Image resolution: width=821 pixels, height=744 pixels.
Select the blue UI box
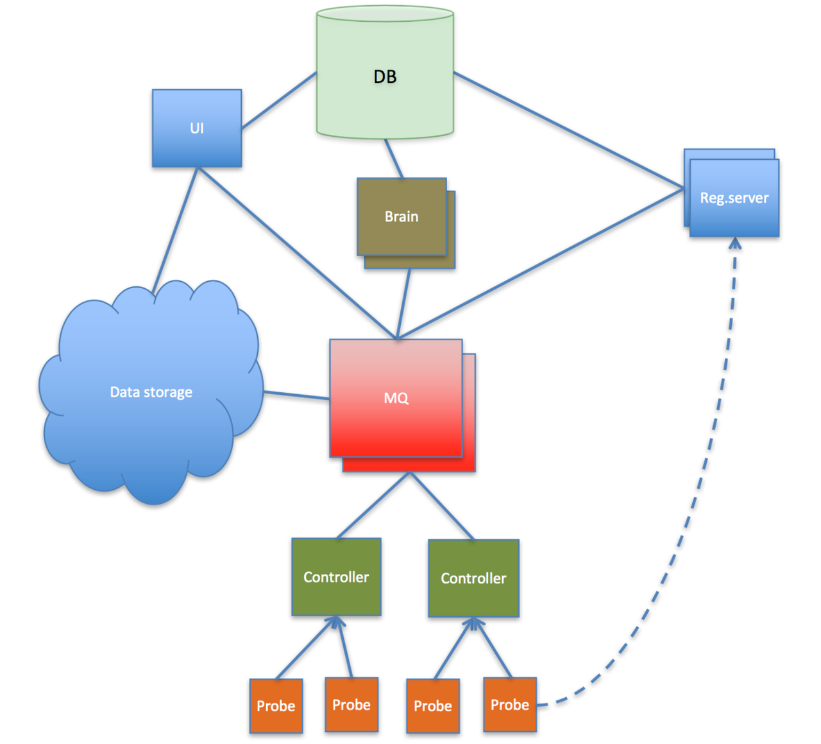[197, 128]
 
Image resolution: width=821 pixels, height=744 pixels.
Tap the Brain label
[402, 217]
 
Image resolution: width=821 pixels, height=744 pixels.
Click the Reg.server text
[734, 198]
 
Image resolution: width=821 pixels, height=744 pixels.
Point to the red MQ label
[396, 398]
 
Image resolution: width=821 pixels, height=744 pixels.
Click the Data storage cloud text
[151, 392]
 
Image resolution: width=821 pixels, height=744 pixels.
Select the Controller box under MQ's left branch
[336, 576]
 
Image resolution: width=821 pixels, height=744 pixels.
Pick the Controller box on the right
[473, 578]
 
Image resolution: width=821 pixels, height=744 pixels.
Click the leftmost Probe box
[276, 705]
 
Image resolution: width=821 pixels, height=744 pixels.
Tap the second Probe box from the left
[351, 704]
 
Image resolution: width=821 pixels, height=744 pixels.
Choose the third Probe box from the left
[433, 705]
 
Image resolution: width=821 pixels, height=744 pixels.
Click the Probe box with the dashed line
[510, 704]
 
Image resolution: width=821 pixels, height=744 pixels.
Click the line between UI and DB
[279, 101]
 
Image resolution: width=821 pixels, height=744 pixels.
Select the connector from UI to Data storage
[175, 228]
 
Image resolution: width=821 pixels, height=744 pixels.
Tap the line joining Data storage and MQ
[296, 395]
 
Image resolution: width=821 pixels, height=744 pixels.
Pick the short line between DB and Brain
[394, 159]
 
